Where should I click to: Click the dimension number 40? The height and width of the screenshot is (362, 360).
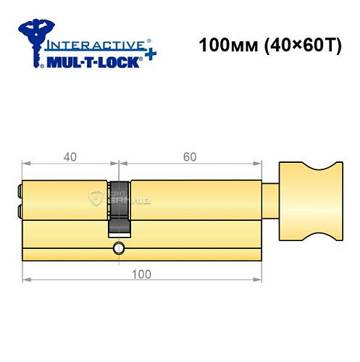tap(70, 156)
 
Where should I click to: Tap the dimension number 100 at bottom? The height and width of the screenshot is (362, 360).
tap(142, 273)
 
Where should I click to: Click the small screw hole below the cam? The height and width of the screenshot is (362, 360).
tap(118, 248)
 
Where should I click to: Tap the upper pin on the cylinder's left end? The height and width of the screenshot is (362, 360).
tap(20, 193)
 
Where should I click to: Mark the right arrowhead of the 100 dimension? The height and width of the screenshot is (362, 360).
tap(258, 279)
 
